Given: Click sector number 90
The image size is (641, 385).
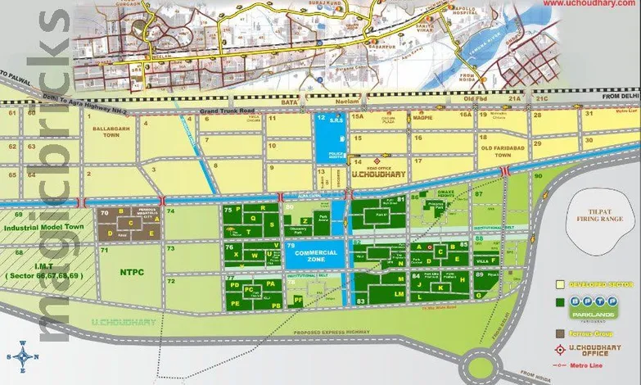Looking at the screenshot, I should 538,176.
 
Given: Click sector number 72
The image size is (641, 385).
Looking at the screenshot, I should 172,281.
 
